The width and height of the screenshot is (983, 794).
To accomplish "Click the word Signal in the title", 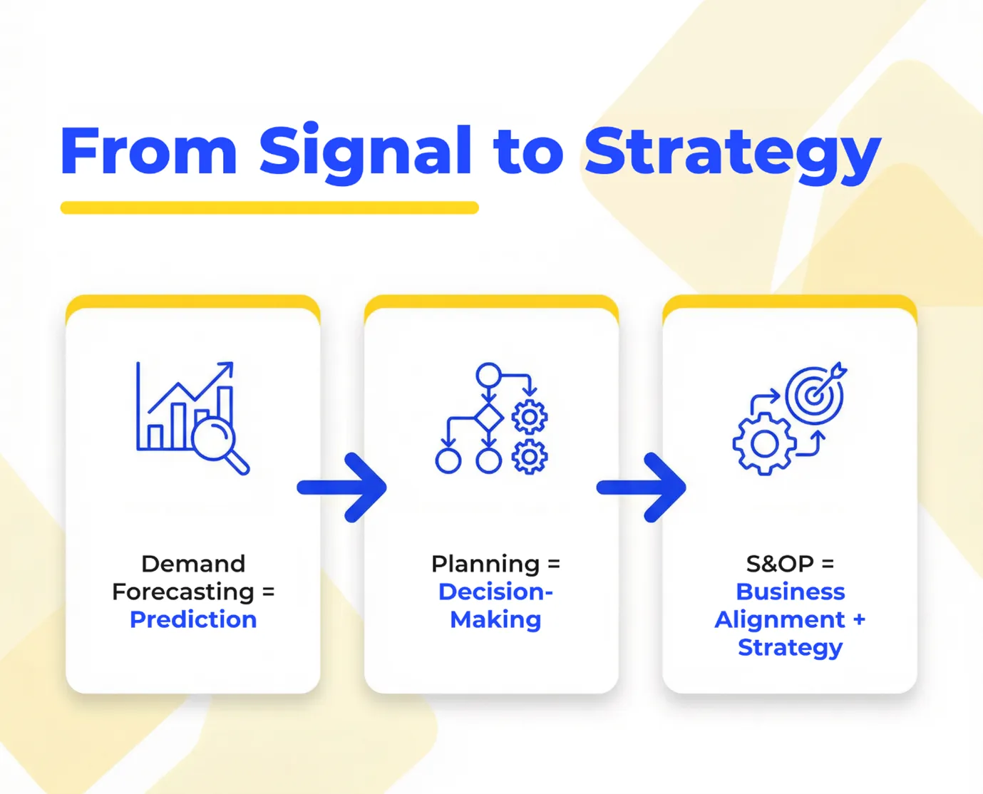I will [x=365, y=151].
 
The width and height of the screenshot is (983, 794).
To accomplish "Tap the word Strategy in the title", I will [x=733, y=151].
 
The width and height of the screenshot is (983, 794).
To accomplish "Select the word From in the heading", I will [x=148, y=151].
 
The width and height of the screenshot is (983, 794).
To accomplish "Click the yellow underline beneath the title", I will [x=269, y=207].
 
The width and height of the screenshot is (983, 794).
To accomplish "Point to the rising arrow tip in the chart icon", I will [x=227, y=368].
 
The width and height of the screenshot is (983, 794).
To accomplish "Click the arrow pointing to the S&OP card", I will [x=642, y=488].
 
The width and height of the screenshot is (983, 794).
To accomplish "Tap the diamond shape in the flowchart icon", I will [x=488, y=418].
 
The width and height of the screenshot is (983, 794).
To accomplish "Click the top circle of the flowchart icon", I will [x=488, y=375].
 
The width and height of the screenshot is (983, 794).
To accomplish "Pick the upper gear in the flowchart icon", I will [x=530, y=418].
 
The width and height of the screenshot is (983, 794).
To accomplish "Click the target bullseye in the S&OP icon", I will [x=813, y=394].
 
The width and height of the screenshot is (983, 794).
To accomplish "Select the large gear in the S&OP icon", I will [x=764, y=444].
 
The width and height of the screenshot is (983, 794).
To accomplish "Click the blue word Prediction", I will [x=193, y=619].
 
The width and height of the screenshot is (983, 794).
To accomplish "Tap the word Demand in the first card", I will [x=193, y=564].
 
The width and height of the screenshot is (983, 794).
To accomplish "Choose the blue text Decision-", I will [x=495, y=592].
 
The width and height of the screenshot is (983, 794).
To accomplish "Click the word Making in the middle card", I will [x=495, y=619].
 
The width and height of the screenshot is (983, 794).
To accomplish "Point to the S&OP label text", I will [x=780, y=564].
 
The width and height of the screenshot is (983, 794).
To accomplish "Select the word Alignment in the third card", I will [x=780, y=619].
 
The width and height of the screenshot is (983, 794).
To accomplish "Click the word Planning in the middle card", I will [x=485, y=564].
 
